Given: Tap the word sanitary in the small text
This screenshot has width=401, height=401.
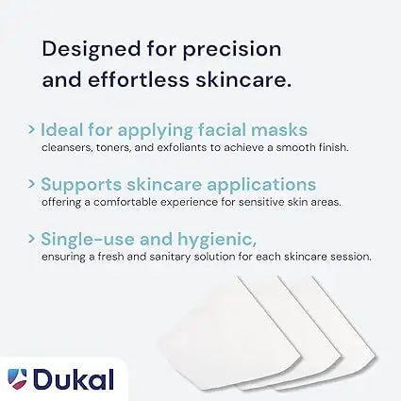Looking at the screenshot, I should click(197, 256).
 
